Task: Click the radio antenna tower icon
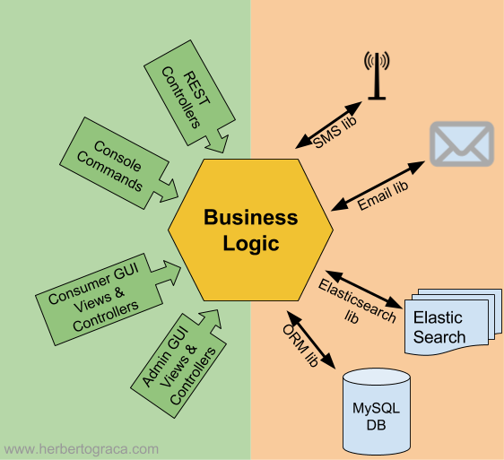377,76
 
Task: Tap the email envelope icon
461,143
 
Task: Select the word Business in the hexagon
250,217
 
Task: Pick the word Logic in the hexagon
250,243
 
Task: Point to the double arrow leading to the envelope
378,187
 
